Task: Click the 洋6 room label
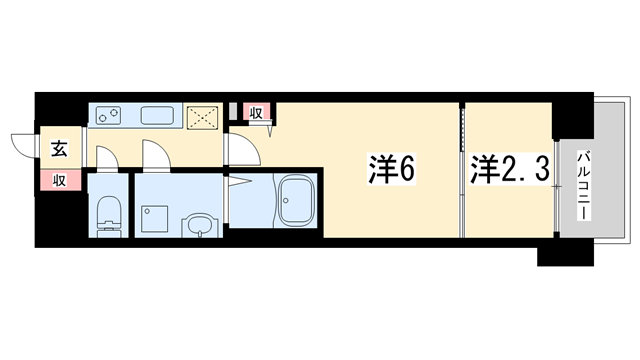[x=392, y=168]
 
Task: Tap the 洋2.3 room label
[x=510, y=168]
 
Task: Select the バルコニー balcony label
[x=584, y=186]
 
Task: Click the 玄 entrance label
[x=59, y=149]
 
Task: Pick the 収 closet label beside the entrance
[x=60, y=180]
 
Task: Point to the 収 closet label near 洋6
[x=256, y=113]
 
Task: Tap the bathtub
[x=296, y=201]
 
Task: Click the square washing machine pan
[x=154, y=219]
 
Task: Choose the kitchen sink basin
[x=157, y=116]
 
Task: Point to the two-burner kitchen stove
[x=109, y=116]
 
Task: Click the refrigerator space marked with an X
[x=202, y=118]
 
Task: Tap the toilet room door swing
[x=107, y=158]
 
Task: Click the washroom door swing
[x=156, y=154]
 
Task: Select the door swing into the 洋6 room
[x=244, y=149]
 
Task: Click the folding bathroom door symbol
[x=239, y=181]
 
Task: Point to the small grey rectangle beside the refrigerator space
[x=233, y=112]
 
